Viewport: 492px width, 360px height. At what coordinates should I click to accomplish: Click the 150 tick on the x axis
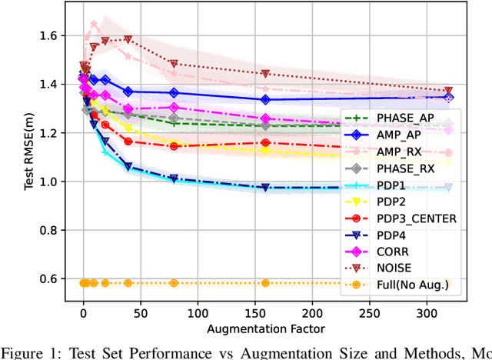point(255,314)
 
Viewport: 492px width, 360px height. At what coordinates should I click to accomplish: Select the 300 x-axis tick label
point(427,314)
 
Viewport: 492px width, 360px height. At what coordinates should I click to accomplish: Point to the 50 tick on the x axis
point(141,314)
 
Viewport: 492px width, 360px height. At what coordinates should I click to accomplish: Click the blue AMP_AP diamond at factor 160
point(265,99)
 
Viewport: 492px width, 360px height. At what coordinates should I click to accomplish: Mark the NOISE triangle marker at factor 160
point(265,74)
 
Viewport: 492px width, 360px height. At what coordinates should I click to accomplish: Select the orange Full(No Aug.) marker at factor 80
point(174,283)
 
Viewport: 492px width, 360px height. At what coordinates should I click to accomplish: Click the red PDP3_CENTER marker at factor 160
point(265,142)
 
